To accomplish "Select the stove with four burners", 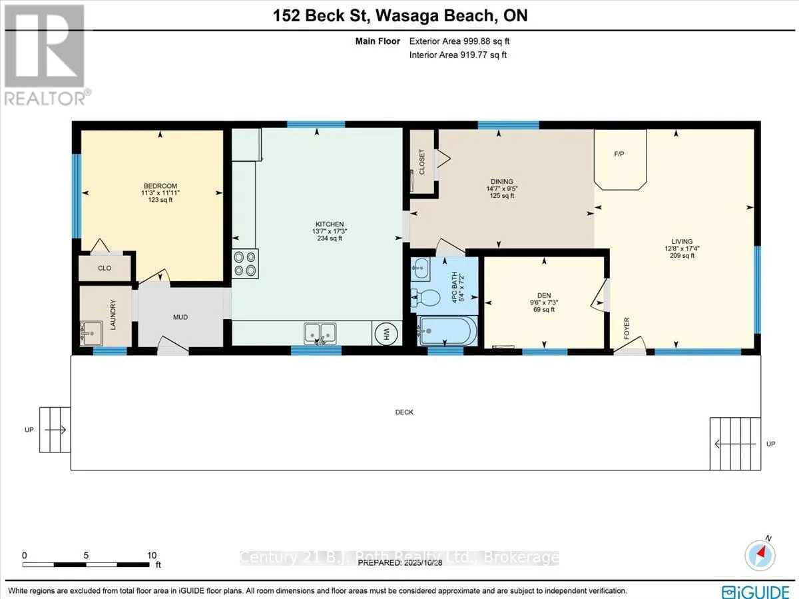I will click(245, 263).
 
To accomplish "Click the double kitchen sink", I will click(320, 332).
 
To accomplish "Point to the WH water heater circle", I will click(386, 333).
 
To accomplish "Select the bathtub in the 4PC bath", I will click(447, 330).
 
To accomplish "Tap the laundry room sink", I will click(91, 330).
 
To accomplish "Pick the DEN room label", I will click(545, 295).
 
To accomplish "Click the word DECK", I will click(404, 412).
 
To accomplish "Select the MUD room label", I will click(180, 317).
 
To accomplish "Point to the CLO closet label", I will click(105, 269).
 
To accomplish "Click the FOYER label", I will click(627, 328).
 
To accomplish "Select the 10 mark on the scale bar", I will click(152, 555).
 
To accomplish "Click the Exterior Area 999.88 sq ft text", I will click(459, 41).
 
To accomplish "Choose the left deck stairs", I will click(55, 430).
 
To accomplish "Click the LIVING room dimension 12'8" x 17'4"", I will click(682, 249).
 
